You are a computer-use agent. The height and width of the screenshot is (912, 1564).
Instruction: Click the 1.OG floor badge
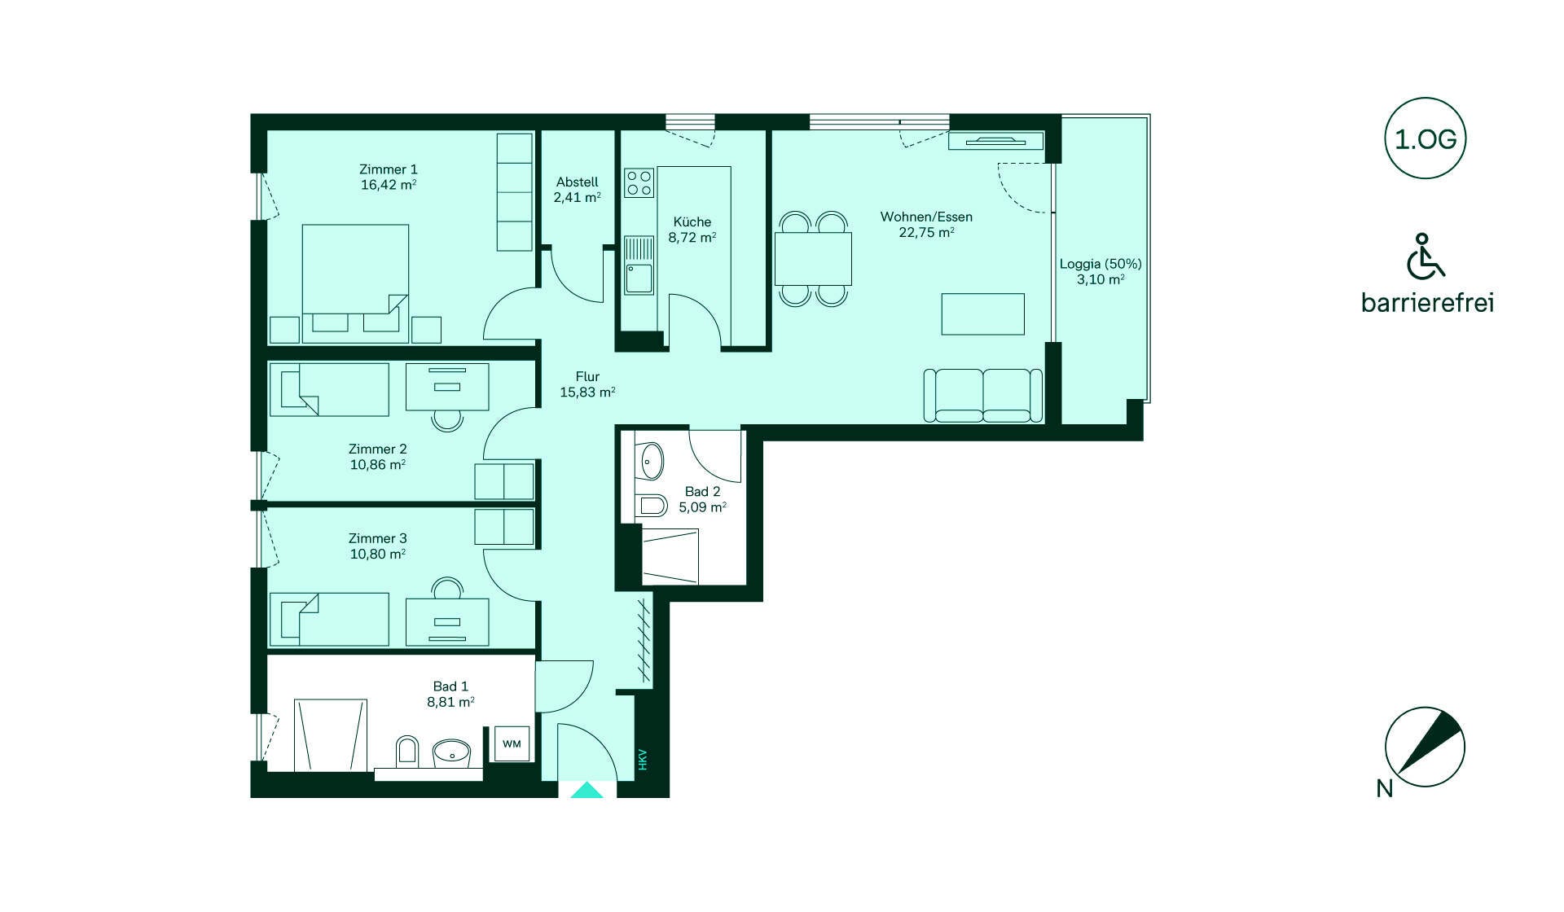coord(1426,138)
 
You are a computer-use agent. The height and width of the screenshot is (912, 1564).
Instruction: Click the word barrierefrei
coord(1427,302)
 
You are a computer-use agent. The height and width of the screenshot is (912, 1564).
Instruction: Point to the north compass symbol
coord(1425,747)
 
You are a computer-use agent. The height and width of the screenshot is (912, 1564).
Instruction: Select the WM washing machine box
coord(512,743)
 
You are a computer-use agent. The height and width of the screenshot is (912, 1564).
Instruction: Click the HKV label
coord(643,760)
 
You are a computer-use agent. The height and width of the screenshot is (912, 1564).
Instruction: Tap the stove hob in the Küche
coord(639,182)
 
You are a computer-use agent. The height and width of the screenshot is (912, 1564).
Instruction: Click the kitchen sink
coord(639,265)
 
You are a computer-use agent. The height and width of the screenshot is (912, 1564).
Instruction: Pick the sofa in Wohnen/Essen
coord(983,396)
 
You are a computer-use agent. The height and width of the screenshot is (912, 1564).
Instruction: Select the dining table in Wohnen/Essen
coord(813,258)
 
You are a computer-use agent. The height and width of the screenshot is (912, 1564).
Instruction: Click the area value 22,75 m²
coord(927,232)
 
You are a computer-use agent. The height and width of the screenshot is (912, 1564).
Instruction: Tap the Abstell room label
coord(578,182)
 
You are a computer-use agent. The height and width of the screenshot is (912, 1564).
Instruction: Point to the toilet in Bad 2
coord(652,506)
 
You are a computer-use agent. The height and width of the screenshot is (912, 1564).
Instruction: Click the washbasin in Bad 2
coord(652,462)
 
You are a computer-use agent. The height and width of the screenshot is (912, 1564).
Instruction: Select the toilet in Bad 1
coord(406,752)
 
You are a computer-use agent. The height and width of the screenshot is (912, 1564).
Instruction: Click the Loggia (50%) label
coord(1101,264)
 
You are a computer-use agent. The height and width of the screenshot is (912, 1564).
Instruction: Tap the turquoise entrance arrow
coord(586,790)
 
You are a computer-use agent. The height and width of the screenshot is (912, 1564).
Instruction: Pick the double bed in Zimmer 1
coord(355,283)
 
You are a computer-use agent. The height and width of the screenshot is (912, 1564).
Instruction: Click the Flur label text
coord(587,376)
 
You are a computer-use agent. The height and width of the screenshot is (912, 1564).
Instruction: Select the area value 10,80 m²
coord(378,554)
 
